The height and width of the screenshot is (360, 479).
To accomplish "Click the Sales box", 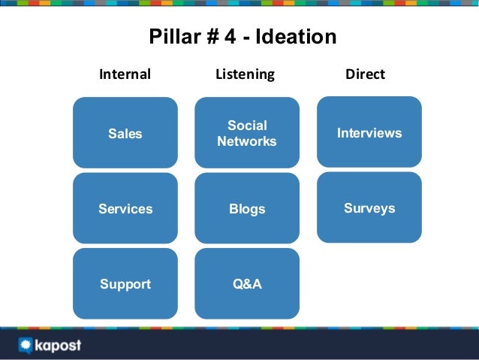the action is tap(125, 133).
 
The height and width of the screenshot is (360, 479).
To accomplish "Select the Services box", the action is tap(125, 209).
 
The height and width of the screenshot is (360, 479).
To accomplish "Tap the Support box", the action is tap(125, 284).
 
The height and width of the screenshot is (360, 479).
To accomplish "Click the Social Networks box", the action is tap(246, 133).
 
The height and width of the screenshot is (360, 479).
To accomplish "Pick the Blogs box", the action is tap(246, 209).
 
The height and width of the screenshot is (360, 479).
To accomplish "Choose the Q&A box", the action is tap(246, 284).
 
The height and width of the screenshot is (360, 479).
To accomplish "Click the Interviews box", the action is tap(369, 132).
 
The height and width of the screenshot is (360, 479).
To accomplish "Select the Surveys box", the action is tap(369, 207).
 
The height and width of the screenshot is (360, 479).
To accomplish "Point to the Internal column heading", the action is tap(125, 74).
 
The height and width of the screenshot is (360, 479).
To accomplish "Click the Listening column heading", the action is tap(245, 74).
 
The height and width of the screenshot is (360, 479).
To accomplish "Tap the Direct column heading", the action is tap(365, 74).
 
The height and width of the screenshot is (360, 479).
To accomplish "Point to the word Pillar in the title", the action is tap(171, 37).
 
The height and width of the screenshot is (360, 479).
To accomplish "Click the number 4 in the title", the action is tap(226, 37).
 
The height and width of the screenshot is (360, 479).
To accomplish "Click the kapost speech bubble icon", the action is tap(25, 346).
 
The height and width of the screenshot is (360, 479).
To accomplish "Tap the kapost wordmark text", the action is tap(58, 346).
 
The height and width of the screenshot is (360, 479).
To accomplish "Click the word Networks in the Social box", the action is tap(246, 141).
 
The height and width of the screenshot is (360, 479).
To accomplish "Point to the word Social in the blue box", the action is tap(247, 126).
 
